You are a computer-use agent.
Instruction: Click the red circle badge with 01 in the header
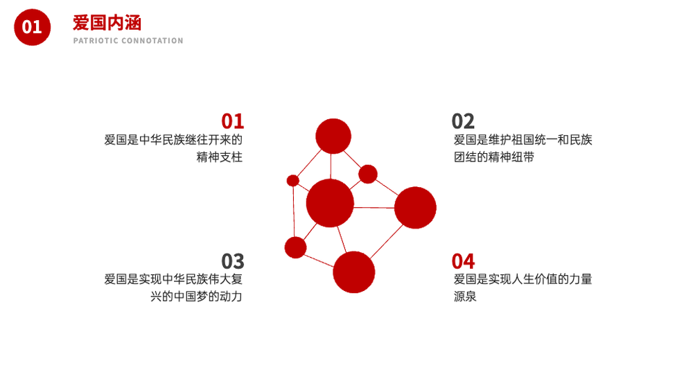coord(33,27)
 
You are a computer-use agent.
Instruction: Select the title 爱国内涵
coord(107,23)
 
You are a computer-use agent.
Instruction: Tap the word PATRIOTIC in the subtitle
coord(96,41)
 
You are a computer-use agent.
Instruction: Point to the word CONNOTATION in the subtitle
coord(152,41)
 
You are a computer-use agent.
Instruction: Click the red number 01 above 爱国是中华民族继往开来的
coord(232,121)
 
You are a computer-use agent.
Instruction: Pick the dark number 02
coord(463,121)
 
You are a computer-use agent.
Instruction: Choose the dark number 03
coord(232,261)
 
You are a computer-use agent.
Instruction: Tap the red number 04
coord(463,261)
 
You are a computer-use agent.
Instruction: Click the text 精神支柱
coord(219,157)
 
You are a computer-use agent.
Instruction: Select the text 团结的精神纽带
coord(494,157)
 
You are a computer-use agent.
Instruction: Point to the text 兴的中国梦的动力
coord(196,296)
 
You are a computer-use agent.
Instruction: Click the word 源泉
coord(465,296)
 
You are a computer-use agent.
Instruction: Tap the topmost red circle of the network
coord(333,136)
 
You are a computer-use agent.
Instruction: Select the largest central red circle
coord(330,203)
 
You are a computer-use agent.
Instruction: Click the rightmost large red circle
coord(415,208)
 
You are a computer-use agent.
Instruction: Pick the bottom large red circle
coord(353,272)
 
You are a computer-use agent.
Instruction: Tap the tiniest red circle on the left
coord(292,181)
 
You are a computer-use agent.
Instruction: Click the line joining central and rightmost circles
coord(374,207)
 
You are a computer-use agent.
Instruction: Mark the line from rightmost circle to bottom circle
coord(387,241)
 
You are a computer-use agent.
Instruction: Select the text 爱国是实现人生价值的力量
coord(523,279)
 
